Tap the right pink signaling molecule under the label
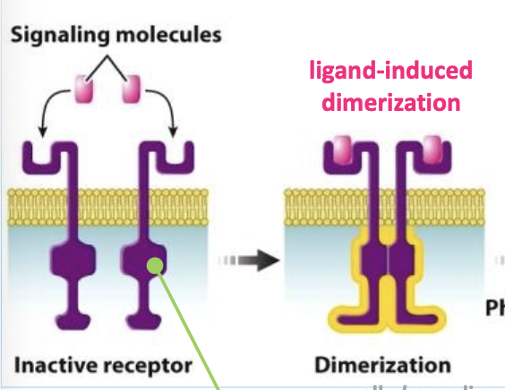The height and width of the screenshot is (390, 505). point(132,88)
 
